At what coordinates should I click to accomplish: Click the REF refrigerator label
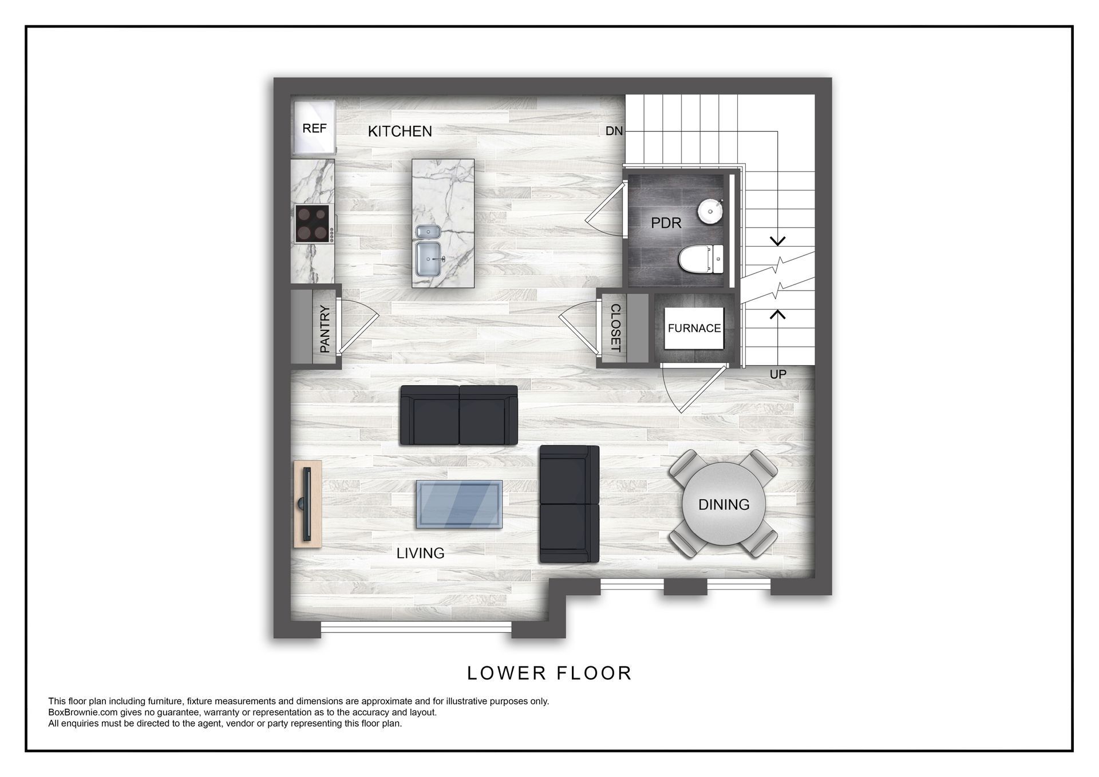coord(314,128)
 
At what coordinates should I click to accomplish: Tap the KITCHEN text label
coord(400,132)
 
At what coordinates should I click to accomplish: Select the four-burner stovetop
coord(313,224)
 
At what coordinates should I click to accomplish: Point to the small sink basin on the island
coord(426,232)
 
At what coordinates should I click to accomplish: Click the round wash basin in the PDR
coord(710,211)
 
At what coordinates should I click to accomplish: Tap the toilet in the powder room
coord(702,259)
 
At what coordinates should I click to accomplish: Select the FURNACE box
coord(694,328)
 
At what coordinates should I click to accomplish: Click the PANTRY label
coord(325,328)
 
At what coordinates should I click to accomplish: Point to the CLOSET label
coord(615,327)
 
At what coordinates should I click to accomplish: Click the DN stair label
coord(614,131)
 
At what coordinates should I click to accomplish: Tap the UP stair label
coord(777,374)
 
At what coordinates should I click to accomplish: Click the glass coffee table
coord(459,504)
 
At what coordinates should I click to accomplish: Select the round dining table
coord(724,504)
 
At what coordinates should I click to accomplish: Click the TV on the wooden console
coord(307,504)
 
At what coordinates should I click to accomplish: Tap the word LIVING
coord(420,553)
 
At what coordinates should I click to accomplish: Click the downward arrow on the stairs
coord(777,241)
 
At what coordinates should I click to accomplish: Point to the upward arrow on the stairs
coord(777,314)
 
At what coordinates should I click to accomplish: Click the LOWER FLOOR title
coord(549,673)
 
